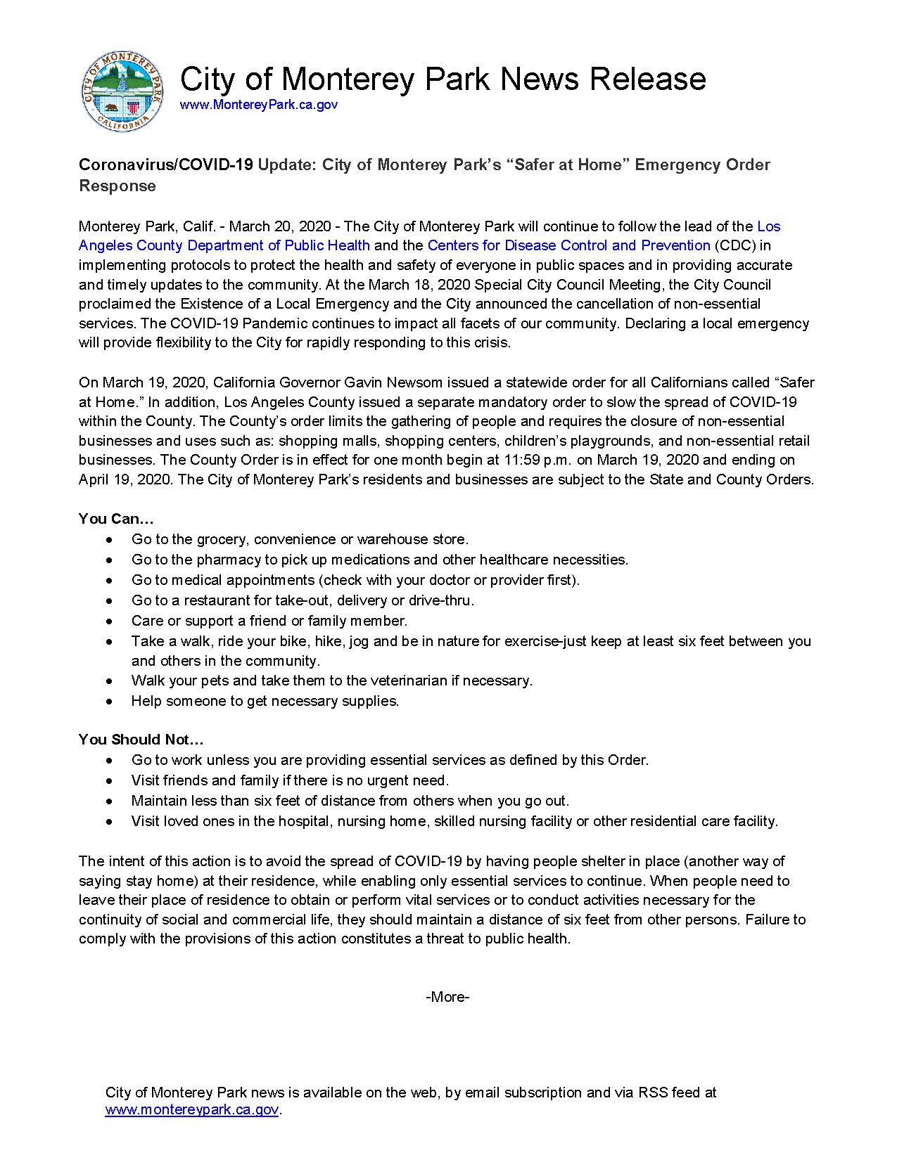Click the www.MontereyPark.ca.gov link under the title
[259, 105]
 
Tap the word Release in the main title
[647, 78]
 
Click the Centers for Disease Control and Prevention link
[568, 245]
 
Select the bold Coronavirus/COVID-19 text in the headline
[165, 165]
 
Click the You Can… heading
[116, 519]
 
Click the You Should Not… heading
[141, 740]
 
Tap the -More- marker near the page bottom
[447, 997]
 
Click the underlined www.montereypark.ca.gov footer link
[192, 1110]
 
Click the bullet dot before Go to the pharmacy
[108, 560]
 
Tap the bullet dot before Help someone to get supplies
[108, 702]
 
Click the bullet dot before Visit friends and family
[108, 781]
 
